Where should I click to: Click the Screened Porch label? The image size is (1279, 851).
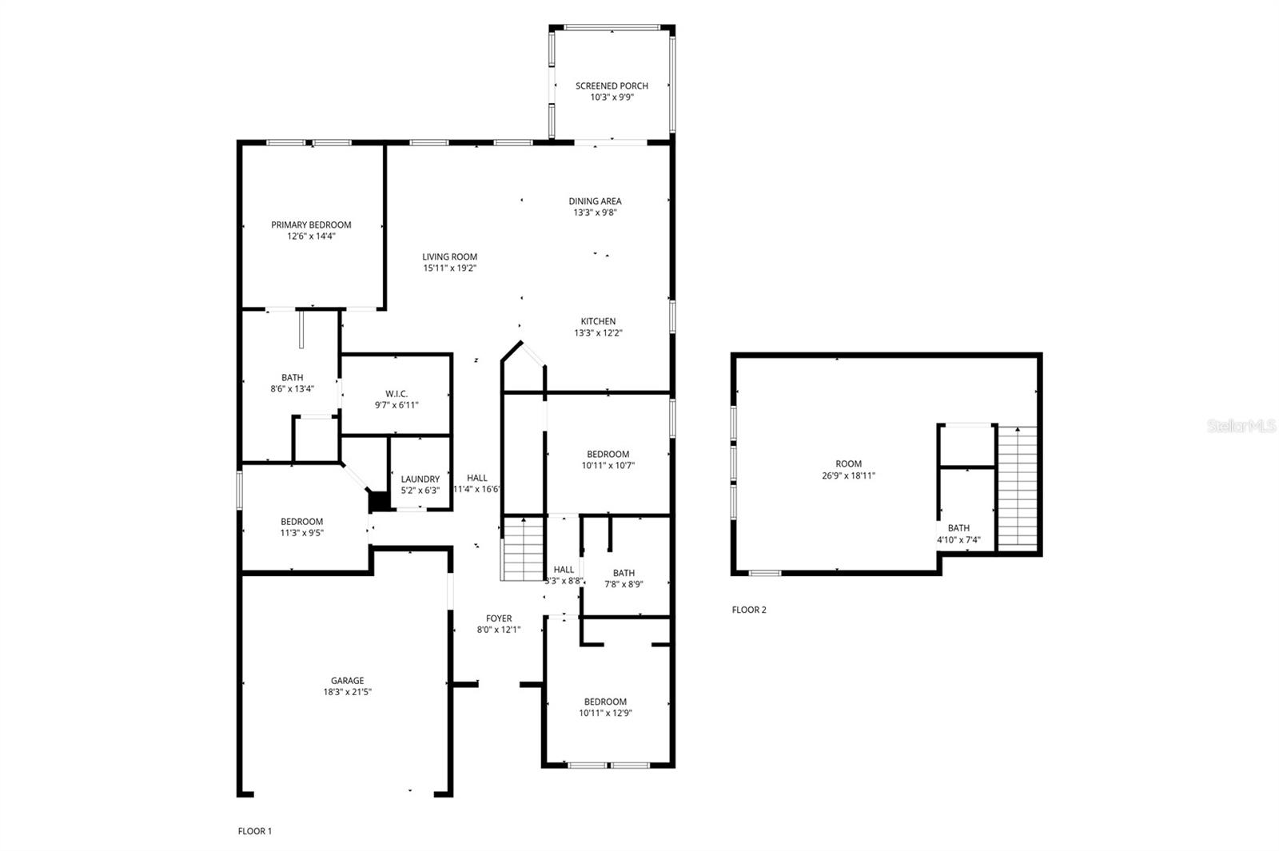click(x=612, y=85)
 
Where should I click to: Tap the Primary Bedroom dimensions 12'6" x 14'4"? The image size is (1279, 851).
click(x=311, y=237)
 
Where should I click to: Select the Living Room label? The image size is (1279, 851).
click(x=450, y=256)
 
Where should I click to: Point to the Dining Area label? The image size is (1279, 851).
click(x=595, y=201)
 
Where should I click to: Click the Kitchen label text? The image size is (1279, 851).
click(x=599, y=321)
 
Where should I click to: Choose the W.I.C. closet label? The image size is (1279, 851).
click(x=396, y=394)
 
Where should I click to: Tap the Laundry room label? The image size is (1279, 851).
click(x=420, y=479)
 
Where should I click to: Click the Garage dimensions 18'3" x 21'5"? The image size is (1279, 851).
click(x=347, y=692)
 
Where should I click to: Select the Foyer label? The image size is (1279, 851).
click(x=499, y=618)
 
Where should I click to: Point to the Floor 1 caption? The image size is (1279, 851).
click(x=255, y=831)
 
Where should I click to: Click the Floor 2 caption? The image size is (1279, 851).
click(x=749, y=610)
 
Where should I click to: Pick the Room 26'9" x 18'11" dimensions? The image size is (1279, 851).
click(x=848, y=475)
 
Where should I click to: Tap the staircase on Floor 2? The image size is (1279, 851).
click(x=1018, y=488)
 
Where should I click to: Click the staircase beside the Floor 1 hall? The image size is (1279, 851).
click(x=522, y=548)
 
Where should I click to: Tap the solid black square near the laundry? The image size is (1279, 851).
click(x=379, y=501)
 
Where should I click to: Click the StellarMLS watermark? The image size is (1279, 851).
click(x=1241, y=426)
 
